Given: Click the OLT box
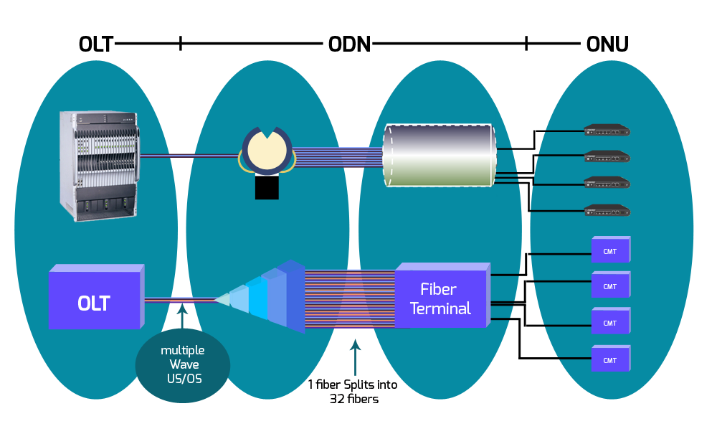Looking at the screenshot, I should [95, 301].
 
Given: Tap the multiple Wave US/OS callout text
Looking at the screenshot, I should [182, 364].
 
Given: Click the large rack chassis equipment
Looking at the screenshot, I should [98, 165].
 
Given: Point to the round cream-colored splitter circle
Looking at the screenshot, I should [266, 151].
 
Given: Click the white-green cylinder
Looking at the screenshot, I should [440, 156].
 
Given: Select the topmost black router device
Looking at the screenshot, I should [607, 130].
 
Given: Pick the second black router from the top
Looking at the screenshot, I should [607, 156].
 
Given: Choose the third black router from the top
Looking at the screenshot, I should [607, 182].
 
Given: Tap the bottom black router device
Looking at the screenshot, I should [607, 210].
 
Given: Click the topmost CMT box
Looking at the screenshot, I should [610, 249].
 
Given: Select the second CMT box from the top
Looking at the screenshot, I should [610, 286].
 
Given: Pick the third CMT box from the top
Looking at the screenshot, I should [610, 322].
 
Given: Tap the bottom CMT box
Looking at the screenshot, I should [610, 359].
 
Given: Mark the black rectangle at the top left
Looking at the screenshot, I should [96, 44].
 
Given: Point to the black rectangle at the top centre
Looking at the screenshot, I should [348, 44].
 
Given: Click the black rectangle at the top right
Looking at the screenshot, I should [607, 44].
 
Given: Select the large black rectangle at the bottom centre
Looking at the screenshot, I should [352, 391].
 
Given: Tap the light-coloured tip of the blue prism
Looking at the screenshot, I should [223, 300].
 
